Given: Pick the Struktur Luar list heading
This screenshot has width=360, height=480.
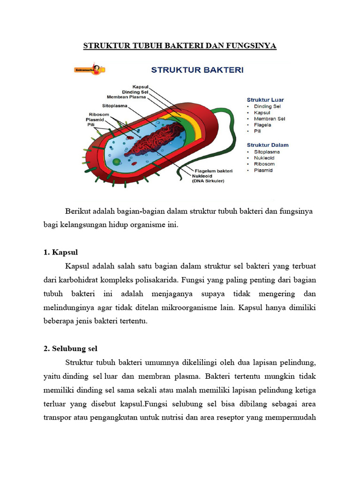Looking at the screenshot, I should (x=265, y=100).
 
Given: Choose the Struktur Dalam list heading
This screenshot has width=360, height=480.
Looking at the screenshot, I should (x=268, y=145).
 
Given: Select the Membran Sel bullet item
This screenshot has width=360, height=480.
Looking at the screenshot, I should (x=269, y=119).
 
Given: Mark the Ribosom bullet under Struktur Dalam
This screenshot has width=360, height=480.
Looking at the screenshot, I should (x=264, y=165).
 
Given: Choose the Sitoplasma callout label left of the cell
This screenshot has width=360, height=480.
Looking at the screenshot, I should (x=115, y=106).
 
